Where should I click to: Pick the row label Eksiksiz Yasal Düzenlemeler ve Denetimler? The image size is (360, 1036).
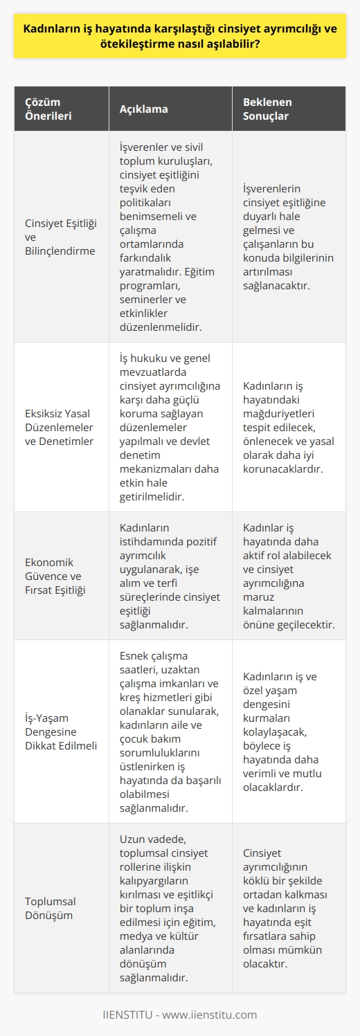coord(60,427)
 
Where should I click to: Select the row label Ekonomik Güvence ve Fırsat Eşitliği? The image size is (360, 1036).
coord(60,576)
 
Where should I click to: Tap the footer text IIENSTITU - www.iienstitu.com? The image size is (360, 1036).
coord(180,1015)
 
